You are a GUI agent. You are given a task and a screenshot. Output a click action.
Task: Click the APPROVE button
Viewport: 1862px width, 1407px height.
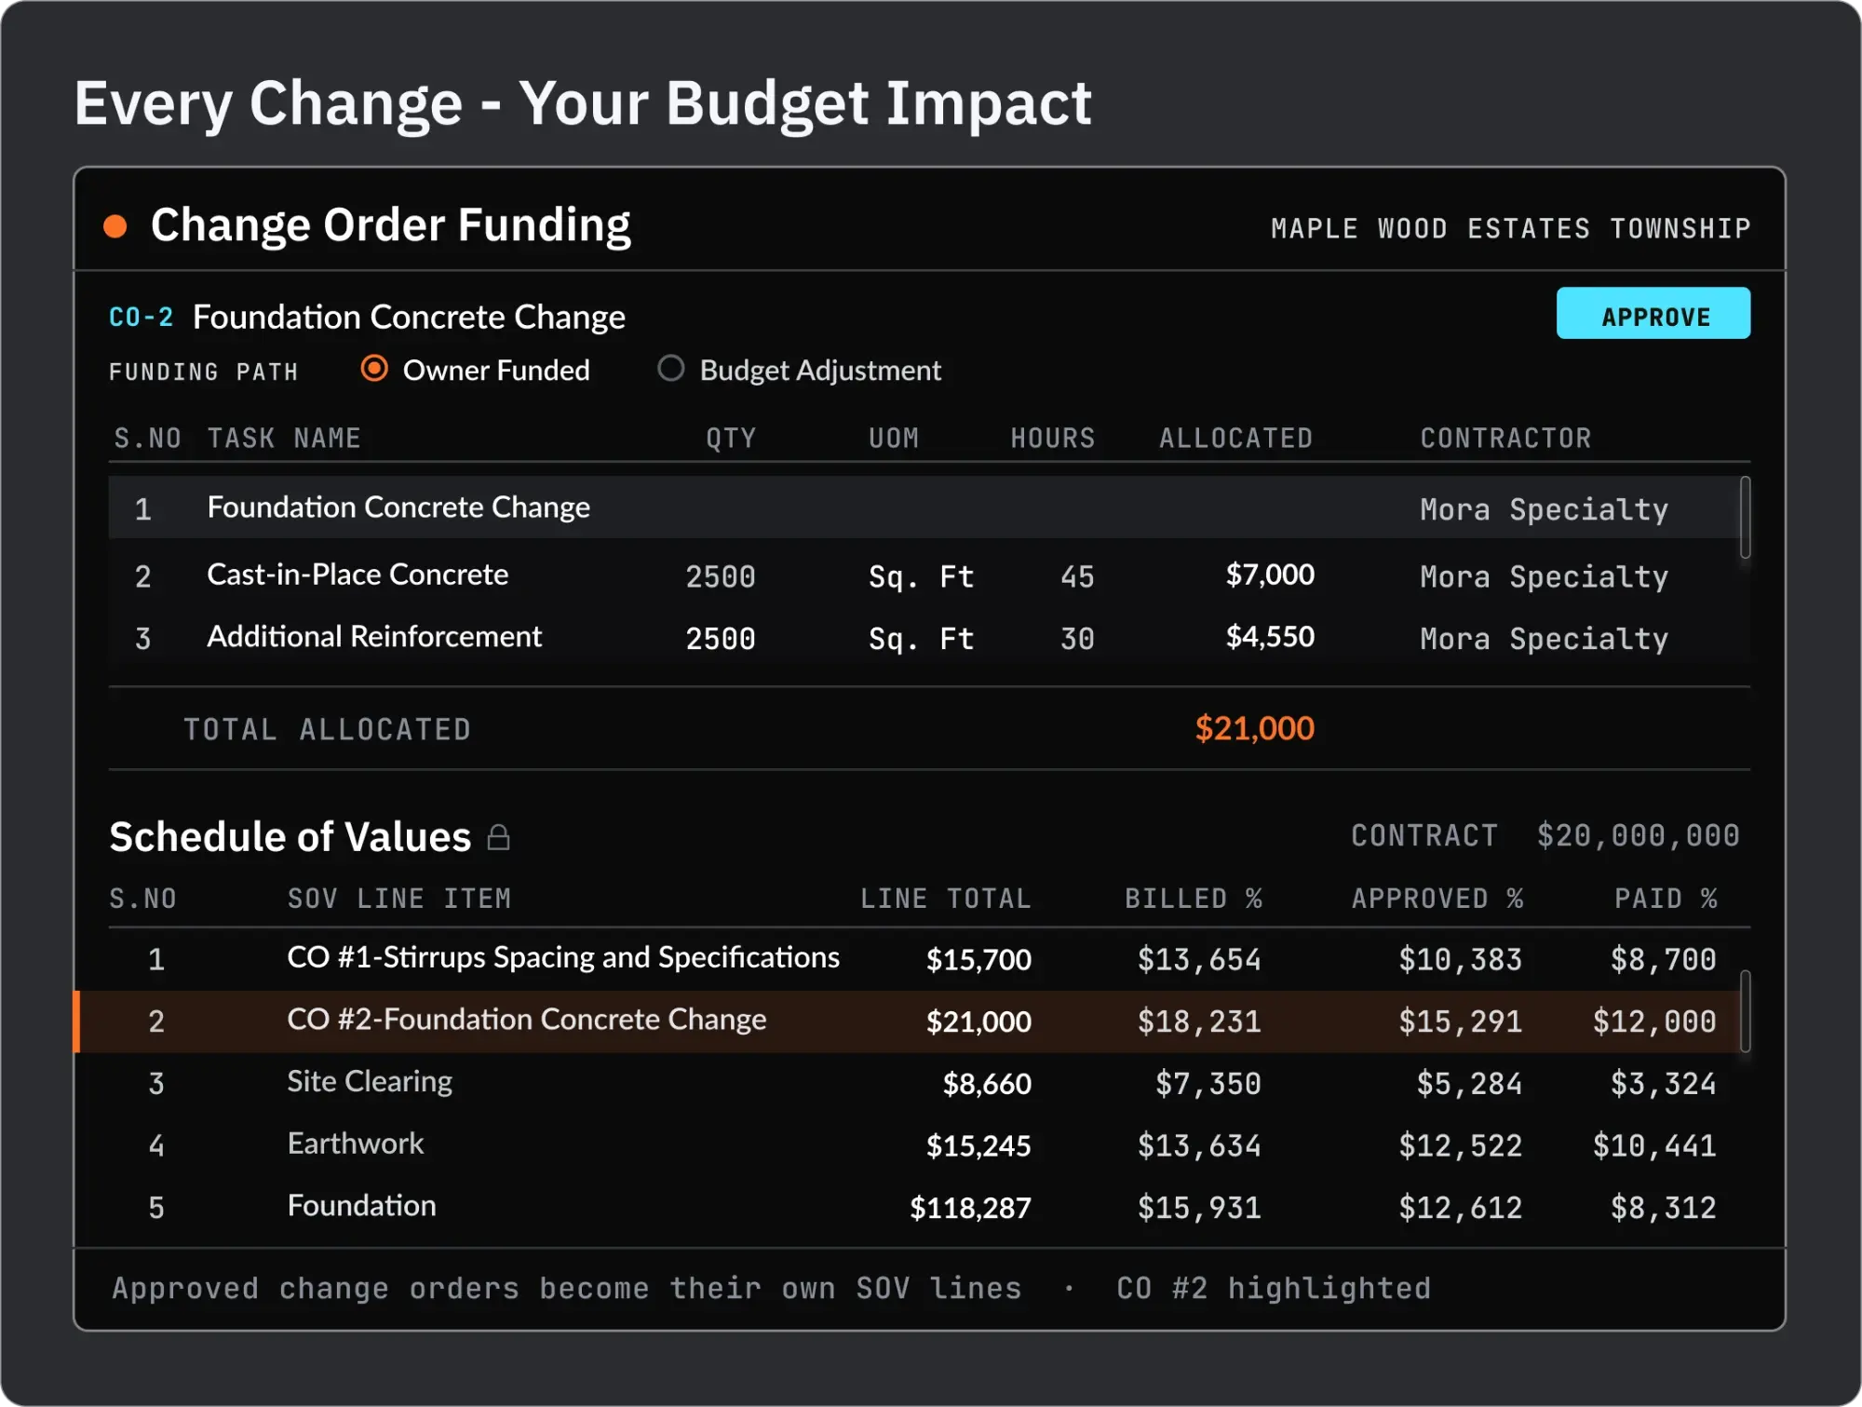coord(1653,314)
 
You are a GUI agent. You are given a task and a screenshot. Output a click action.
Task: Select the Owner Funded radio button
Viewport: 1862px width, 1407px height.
coord(374,369)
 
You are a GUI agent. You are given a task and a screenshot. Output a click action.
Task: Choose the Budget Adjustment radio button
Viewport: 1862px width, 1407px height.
coord(670,369)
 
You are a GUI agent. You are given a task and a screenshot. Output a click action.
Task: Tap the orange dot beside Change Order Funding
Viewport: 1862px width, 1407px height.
coord(115,226)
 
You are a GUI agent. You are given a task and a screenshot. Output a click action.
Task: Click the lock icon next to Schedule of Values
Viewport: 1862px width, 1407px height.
coord(499,837)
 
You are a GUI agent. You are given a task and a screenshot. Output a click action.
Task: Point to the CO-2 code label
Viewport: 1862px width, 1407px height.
coord(141,318)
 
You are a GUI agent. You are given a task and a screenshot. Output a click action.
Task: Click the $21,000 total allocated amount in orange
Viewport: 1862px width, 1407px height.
coord(1255,728)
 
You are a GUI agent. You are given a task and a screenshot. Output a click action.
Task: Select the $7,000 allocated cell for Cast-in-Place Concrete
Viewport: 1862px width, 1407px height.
coord(1270,575)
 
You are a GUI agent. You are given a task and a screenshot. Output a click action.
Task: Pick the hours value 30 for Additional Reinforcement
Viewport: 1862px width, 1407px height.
coord(1077,639)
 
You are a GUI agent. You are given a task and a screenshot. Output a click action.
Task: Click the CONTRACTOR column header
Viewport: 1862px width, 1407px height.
coord(1505,439)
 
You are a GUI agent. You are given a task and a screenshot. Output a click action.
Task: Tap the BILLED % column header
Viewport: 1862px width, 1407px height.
coord(1194,899)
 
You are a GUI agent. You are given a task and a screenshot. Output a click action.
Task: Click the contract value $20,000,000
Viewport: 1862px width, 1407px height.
coord(1639,835)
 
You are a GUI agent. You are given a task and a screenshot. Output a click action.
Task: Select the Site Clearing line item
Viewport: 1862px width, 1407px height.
coord(370,1081)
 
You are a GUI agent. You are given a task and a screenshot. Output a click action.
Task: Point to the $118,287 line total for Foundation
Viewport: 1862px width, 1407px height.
coord(970,1208)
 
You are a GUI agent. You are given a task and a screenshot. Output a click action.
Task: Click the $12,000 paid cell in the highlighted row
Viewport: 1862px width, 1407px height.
coord(1654,1021)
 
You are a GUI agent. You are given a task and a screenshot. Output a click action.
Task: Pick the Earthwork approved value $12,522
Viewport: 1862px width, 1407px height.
coord(1461,1145)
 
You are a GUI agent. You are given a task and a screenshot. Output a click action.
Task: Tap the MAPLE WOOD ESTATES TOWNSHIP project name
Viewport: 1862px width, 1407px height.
coord(1511,229)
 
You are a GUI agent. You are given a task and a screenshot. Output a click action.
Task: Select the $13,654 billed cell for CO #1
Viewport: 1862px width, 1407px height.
coord(1199,959)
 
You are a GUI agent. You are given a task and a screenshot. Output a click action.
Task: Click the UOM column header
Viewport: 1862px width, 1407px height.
coord(894,439)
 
